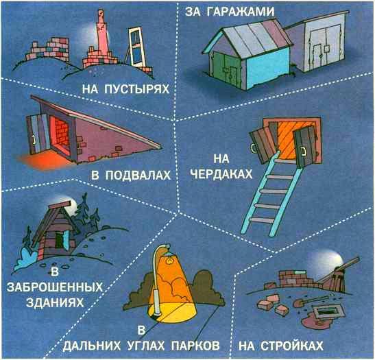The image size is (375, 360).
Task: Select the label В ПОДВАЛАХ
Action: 130,176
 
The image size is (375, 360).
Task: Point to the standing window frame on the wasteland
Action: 138,45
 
